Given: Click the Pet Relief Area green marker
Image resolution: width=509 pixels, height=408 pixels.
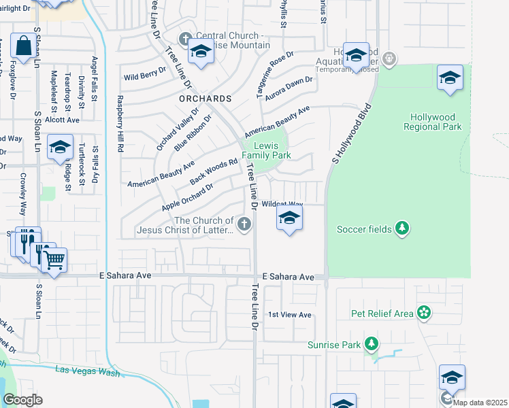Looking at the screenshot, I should pyautogui.click(x=425, y=313).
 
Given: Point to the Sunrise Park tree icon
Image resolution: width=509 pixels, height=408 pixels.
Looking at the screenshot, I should pyautogui.click(x=372, y=344).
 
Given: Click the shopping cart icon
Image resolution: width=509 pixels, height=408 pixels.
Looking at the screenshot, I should pyautogui.click(x=54, y=258).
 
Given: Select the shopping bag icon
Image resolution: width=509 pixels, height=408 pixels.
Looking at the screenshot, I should pyautogui.click(x=22, y=46).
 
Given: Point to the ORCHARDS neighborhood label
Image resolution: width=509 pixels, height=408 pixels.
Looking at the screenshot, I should pyautogui.click(x=206, y=99).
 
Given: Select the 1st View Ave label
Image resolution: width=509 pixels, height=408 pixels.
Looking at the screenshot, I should pyautogui.click(x=289, y=315).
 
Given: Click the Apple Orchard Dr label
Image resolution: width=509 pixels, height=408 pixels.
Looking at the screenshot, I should pyautogui.click(x=187, y=196).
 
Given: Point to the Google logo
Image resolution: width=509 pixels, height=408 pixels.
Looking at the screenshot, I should pyautogui.click(x=22, y=400).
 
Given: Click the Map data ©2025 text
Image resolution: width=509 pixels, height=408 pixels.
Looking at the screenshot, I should pyautogui.click(x=480, y=403).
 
